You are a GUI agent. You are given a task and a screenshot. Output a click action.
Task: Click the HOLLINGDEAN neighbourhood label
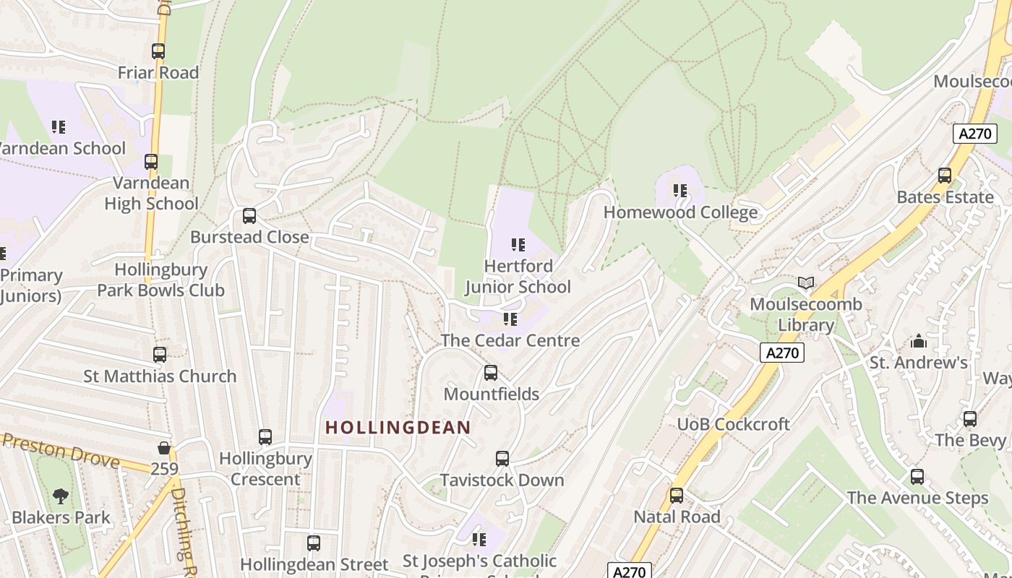(x=398, y=427)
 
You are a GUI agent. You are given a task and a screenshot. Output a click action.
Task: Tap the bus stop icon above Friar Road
(x=158, y=51)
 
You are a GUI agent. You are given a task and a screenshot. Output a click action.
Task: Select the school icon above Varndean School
(x=59, y=127)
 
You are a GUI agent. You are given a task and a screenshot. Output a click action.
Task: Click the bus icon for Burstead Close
(x=249, y=216)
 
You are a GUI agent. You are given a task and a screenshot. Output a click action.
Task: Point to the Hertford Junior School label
(x=518, y=277)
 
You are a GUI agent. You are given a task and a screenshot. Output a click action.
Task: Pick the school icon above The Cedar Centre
(x=510, y=319)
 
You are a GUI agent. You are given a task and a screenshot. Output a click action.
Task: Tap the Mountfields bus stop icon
(x=491, y=373)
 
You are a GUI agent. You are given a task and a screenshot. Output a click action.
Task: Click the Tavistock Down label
(x=502, y=480)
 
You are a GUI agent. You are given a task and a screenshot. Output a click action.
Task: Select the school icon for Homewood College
(x=679, y=191)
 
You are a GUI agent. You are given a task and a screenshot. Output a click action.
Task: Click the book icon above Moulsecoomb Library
(x=806, y=283)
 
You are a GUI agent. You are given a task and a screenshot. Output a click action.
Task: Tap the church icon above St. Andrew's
(x=918, y=341)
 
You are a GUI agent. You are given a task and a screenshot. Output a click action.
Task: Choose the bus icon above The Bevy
(x=970, y=419)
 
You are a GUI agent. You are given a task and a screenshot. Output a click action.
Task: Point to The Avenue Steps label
(x=917, y=498)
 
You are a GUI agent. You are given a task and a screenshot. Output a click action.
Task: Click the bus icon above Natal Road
(x=677, y=496)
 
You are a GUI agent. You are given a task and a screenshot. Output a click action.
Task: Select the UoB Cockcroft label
(x=733, y=424)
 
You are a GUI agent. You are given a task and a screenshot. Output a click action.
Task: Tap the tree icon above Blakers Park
(x=61, y=496)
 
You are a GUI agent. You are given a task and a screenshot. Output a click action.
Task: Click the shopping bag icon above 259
(x=165, y=448)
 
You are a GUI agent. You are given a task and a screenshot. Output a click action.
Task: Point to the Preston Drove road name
(x=61, y=449)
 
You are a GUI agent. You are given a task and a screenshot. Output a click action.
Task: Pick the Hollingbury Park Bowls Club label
(x=160, y=280)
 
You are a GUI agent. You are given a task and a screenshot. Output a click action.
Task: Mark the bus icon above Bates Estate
(x=945, y=176)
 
